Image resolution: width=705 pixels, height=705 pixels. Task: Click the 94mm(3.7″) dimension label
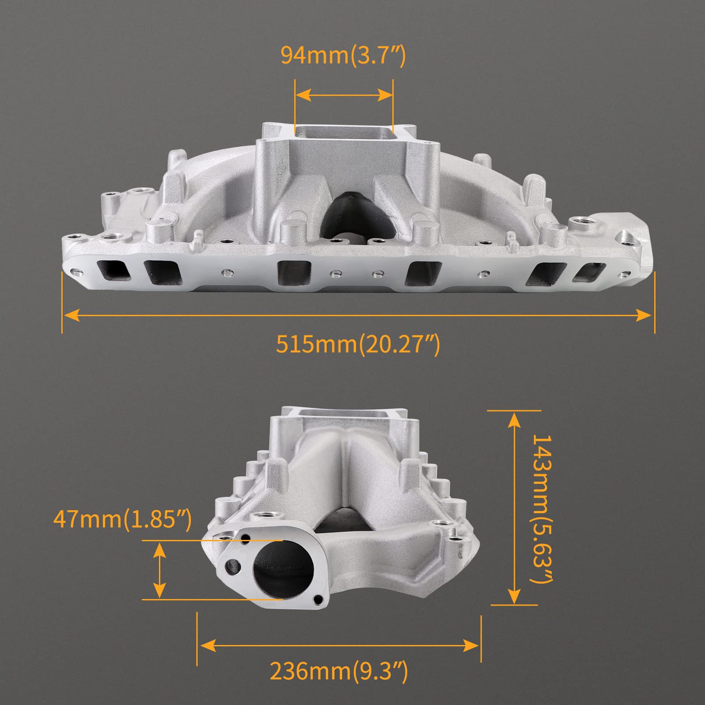click(343, 56)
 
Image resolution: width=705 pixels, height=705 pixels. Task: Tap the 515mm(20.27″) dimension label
click(358, 344)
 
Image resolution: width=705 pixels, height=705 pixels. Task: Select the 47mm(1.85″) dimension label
click(123, 520)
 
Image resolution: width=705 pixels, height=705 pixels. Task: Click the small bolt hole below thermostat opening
click(318, 599)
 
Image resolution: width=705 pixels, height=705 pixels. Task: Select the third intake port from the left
click(294, 272)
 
